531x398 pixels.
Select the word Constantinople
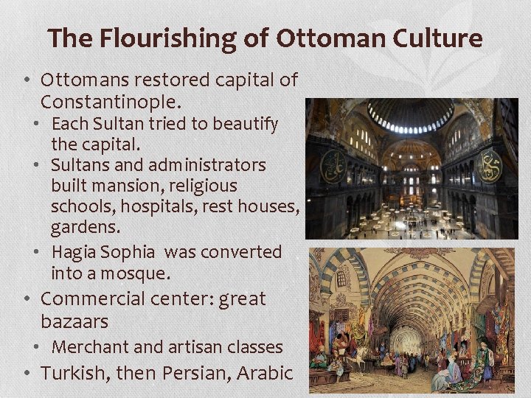[111, 99]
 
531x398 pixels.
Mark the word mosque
[143, 273]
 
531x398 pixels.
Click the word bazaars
[75, 321]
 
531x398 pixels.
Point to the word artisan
[185, 346]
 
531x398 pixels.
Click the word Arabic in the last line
[266, 373]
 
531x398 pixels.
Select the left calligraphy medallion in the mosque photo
[333, 168]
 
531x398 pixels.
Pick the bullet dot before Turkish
[27, 374]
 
